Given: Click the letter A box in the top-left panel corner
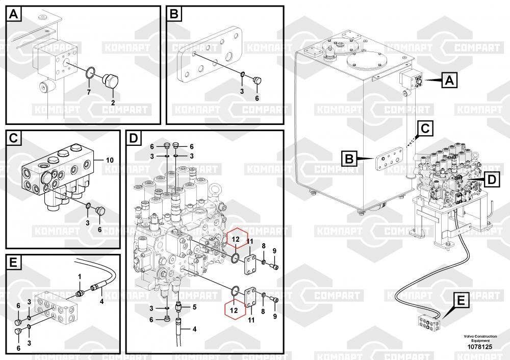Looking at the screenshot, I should [x=14, y=14].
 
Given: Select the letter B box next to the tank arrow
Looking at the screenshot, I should [x=349, y=159].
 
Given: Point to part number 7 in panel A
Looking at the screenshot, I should [x=88, y=92].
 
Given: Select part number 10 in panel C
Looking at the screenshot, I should [x=109, y=160].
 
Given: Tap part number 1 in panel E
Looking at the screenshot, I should [x=80, y=276].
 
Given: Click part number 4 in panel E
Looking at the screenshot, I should [x=101, y=301].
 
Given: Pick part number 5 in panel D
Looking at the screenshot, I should [x=194, y=306].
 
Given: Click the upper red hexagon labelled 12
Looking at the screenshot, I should [x=235, y=239].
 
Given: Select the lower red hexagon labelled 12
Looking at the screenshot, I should [x=234, y=310].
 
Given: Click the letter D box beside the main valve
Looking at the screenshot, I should [x=491, y=179].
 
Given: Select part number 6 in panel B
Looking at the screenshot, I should [x=257, y=98].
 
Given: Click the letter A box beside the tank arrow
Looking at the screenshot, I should [x=448, y=80].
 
